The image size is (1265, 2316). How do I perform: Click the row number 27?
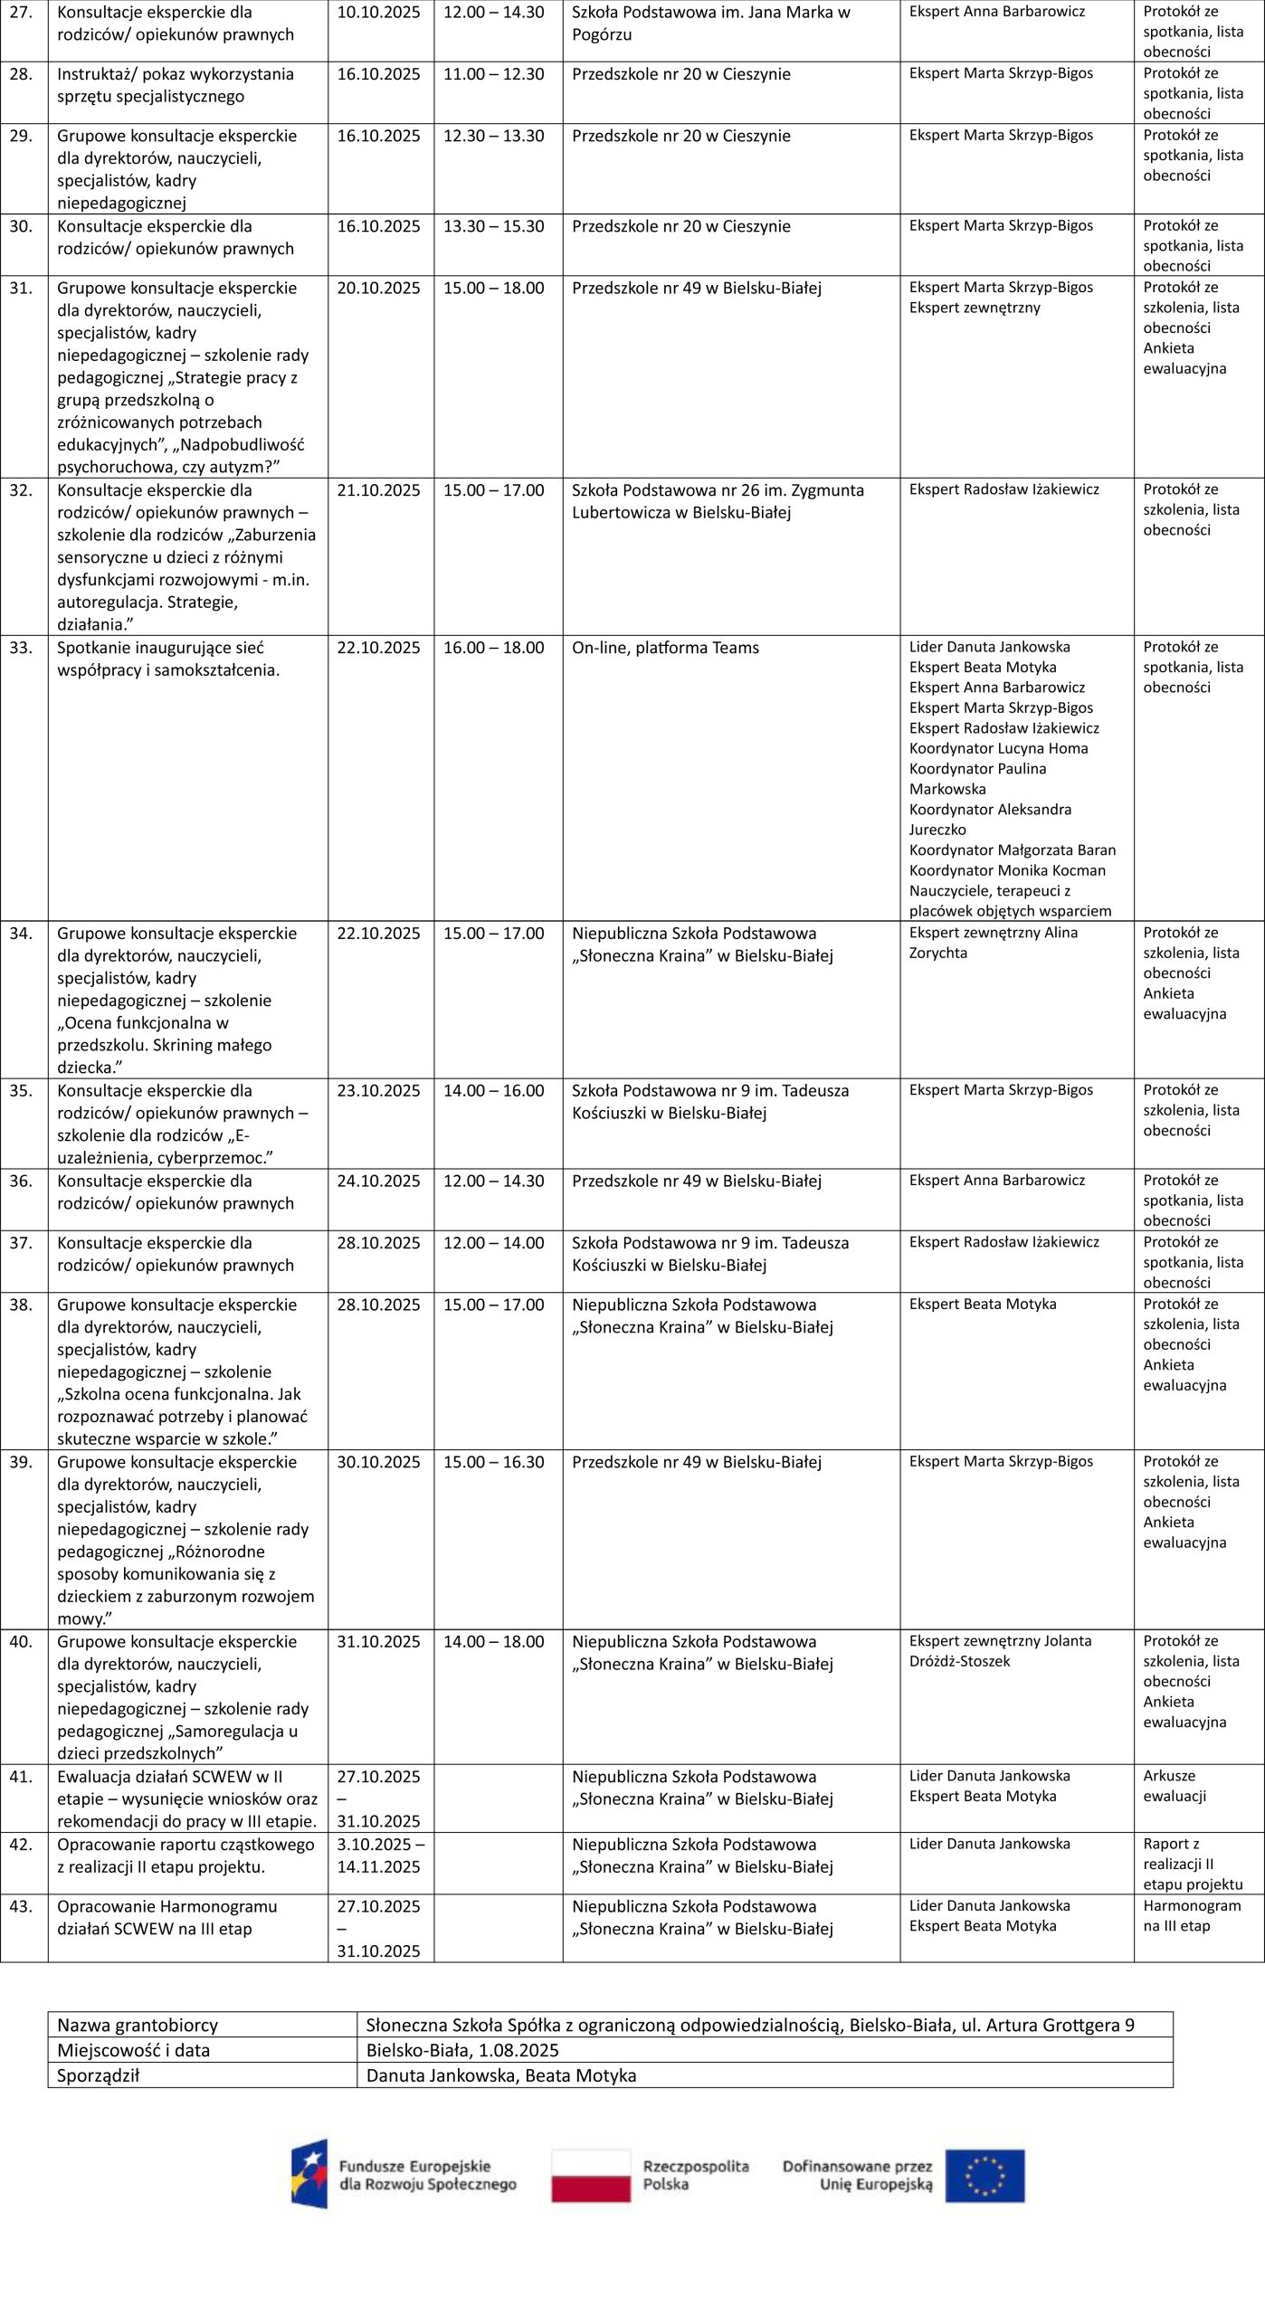click(20, 13)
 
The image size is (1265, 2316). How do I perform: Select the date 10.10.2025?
click(378, 13)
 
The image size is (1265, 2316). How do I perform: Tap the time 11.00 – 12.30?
click(493, 74)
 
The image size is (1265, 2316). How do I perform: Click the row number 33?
click(20, 648)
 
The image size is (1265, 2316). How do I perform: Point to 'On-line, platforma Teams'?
click(665, 648)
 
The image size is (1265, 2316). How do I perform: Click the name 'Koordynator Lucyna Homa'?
click(998, 748)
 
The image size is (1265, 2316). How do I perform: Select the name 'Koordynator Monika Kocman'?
click(1007, 870)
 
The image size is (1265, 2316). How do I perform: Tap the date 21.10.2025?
click(378, 490)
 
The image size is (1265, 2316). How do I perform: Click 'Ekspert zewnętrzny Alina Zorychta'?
click(993, 943)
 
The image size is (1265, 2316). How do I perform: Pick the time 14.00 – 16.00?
click(493, 1090)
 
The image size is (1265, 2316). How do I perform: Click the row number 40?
click(20, 1642)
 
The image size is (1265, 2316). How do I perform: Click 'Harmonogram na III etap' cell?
click(1191, 1915)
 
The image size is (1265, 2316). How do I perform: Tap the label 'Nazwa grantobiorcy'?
click(138, 2026)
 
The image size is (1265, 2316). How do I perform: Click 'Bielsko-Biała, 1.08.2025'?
click(462, 2050)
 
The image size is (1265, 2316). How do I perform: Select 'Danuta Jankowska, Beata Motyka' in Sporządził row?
click(501, 2075)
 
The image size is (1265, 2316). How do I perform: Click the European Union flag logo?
click(985, 2176)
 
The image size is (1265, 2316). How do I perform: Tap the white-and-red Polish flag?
click(591, 2176)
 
